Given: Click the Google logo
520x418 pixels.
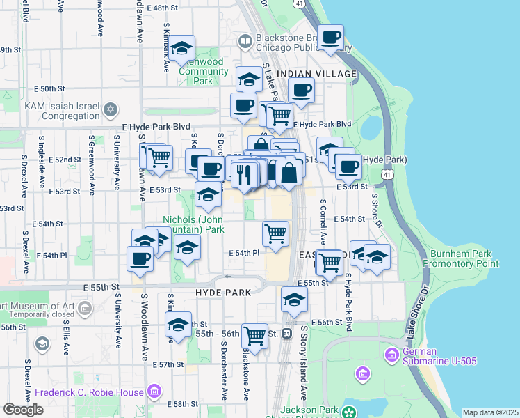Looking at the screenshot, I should (x=23, y=410).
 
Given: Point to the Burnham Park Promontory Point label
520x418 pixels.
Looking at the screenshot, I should (x=464, y=258).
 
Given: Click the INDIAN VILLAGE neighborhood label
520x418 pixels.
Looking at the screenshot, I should (x=316, y=74).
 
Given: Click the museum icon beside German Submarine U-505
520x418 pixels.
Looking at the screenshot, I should (x=391, y=357).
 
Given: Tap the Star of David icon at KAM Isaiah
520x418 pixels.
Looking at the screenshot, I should (x=111, y=109).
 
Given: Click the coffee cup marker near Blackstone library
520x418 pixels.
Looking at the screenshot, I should (x=332, y=38).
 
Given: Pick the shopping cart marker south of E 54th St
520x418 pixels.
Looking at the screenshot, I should (x=276, y=233).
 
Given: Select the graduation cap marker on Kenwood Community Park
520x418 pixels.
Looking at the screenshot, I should (x=182, y=49).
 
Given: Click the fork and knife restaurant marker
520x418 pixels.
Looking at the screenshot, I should (x=243, y=174).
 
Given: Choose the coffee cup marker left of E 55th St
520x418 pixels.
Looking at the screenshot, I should (x=140, y=259).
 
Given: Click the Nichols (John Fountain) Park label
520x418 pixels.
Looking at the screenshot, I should (x=193, y=224).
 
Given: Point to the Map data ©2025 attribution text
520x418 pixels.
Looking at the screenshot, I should (x=490, y=412).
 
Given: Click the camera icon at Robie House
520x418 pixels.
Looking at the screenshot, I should (x=154, y=392).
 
